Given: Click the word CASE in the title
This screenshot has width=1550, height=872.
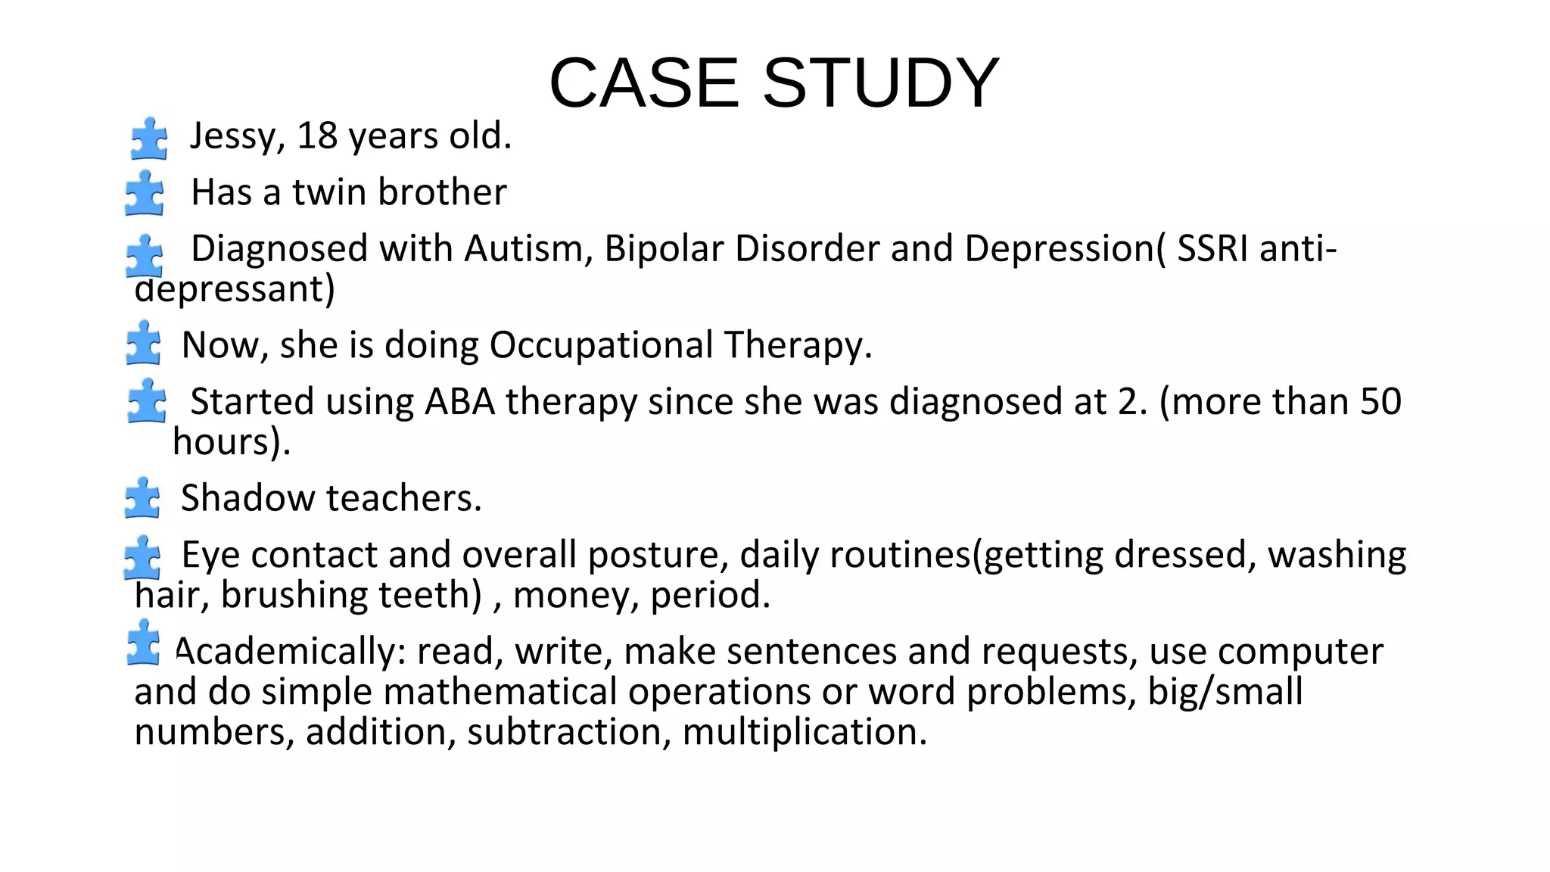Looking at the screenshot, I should (x=643, y=83).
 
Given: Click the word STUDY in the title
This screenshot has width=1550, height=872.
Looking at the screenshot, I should (x=881, y=83).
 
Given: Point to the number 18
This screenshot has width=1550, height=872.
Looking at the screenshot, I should (x=316, y=136).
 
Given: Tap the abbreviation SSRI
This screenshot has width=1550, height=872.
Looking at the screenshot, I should (x=1212, y=249).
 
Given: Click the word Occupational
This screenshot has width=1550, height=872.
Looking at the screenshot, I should (x=601, y=345).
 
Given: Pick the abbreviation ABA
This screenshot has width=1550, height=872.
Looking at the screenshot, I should (x=459, y=402).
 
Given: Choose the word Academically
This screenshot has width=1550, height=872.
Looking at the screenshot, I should (x=291, y=651).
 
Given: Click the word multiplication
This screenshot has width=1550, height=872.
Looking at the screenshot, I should (x=805, y=732).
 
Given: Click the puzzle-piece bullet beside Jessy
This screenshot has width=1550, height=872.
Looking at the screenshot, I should (x=149, y=139).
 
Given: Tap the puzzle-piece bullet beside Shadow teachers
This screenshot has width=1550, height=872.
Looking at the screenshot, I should (x=143, y=498).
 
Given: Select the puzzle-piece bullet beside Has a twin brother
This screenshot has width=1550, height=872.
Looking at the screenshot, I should (x=145, y=193).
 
